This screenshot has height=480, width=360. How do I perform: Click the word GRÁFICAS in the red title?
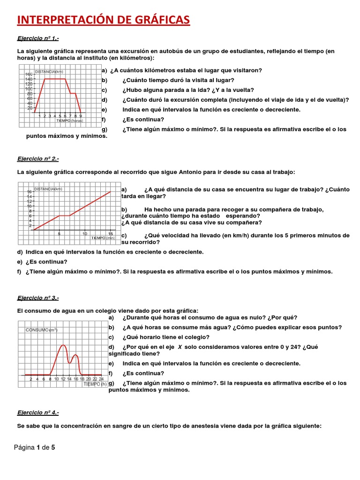[157, 20]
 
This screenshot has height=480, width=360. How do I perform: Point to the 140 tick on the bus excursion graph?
[29, 79]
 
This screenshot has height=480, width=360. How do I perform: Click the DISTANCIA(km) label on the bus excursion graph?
[49, 72]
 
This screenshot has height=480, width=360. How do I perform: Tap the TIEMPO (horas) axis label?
[69, 120]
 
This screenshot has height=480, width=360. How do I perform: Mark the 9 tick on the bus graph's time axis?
[81, 116]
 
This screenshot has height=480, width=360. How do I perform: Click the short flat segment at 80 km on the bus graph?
[73, 93]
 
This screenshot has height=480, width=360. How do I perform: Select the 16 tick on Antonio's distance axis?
[29, 192]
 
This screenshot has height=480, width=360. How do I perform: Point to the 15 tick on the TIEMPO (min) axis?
[110, 233]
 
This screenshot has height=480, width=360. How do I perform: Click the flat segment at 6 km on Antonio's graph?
[64, 216]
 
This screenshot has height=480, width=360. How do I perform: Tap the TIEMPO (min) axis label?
[103, 238]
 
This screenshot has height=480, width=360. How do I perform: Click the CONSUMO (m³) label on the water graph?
[41, 330]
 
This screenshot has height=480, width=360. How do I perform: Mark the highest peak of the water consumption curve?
[63, 345]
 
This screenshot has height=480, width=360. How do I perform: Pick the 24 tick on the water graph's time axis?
[101, 379]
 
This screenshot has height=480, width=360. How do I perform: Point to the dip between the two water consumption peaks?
[70, 362]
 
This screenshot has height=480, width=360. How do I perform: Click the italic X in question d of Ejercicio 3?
[179, 347]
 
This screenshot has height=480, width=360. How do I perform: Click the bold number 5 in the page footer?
[53, 448]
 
